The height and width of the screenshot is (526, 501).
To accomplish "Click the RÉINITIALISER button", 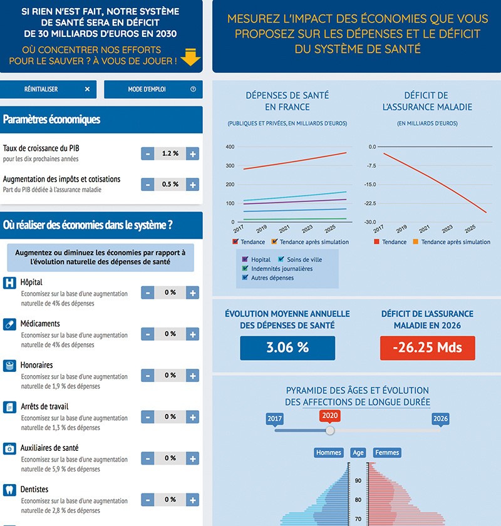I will pyautogui.click(x=48, y=90).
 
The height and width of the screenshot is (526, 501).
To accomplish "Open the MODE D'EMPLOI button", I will pyautogui.click(x=153, y=90).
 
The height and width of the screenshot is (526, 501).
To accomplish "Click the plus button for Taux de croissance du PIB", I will pyautogui.click(x=193, y=154).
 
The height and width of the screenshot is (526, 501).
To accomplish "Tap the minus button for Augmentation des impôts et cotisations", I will pyautogui.click(x=148, y=185).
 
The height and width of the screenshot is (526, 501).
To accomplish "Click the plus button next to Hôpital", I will pyautogui.click(x=193, y=292).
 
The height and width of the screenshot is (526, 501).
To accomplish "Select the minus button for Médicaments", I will pyautogui.click(x=148, y=334).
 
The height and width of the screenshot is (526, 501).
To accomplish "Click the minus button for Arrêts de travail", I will pyautogui.click(x=148, y=417).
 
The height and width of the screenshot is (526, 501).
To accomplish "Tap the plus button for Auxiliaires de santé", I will pyautogui.click(x=193, y=458).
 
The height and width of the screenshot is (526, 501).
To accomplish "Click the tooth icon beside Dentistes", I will pyautogui.click(x=9, y=490).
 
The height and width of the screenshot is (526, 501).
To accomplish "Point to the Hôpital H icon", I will pyautogui.click(x=9, y=283).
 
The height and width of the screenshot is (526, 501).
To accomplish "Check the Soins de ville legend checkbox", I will pyautogui.click(x=281, y=259).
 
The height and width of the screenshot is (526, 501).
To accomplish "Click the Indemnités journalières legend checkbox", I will pyautogui.click(x=245, y=269).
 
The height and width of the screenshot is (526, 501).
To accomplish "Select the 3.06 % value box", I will pyautogui.click(x=287, y=348).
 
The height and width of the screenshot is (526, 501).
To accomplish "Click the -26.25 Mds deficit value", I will pyautogui.click(x=427, y=348).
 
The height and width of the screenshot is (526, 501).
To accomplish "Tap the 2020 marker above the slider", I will pyautogui.click(x=329, y=416).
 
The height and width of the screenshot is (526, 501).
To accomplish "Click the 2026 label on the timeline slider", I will pyautogui.click(x=440, y=418).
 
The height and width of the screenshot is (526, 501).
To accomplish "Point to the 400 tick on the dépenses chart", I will pyautogui.click(x=230, y=147).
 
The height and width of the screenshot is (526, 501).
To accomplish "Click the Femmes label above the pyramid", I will pyautogui.click(x=386, y=453).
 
